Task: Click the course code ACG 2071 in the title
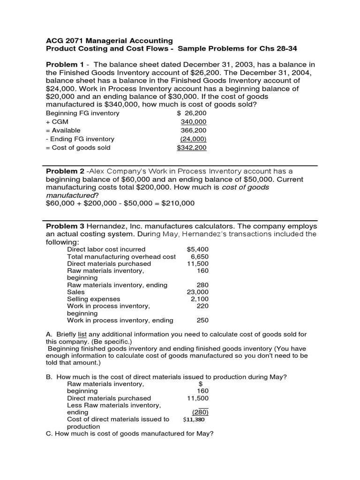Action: [x=64, y=41]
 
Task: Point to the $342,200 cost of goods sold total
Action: [x=191, y=148]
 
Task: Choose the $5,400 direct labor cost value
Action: [x=197, y=249]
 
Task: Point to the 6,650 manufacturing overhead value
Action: [x=199, y=256]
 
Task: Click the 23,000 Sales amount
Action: [x=197, y=292]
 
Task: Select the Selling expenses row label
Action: [x=94, y=299]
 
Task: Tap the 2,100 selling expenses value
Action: [x=199, y=299]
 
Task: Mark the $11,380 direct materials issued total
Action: [x=194, y=420]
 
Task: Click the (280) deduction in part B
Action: [x=201, y=412]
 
